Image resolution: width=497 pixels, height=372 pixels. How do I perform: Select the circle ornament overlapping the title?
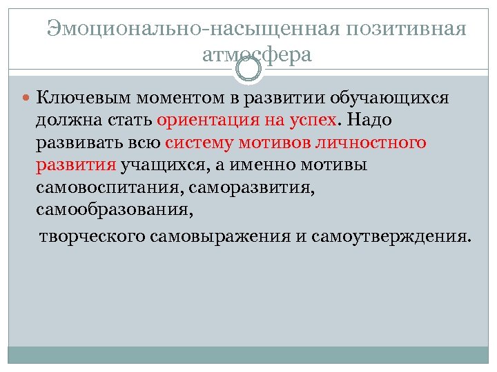click(248, 68)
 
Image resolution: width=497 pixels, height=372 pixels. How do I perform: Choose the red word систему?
click(201, 143)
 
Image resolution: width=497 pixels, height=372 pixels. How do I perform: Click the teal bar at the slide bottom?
click(248, 354)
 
